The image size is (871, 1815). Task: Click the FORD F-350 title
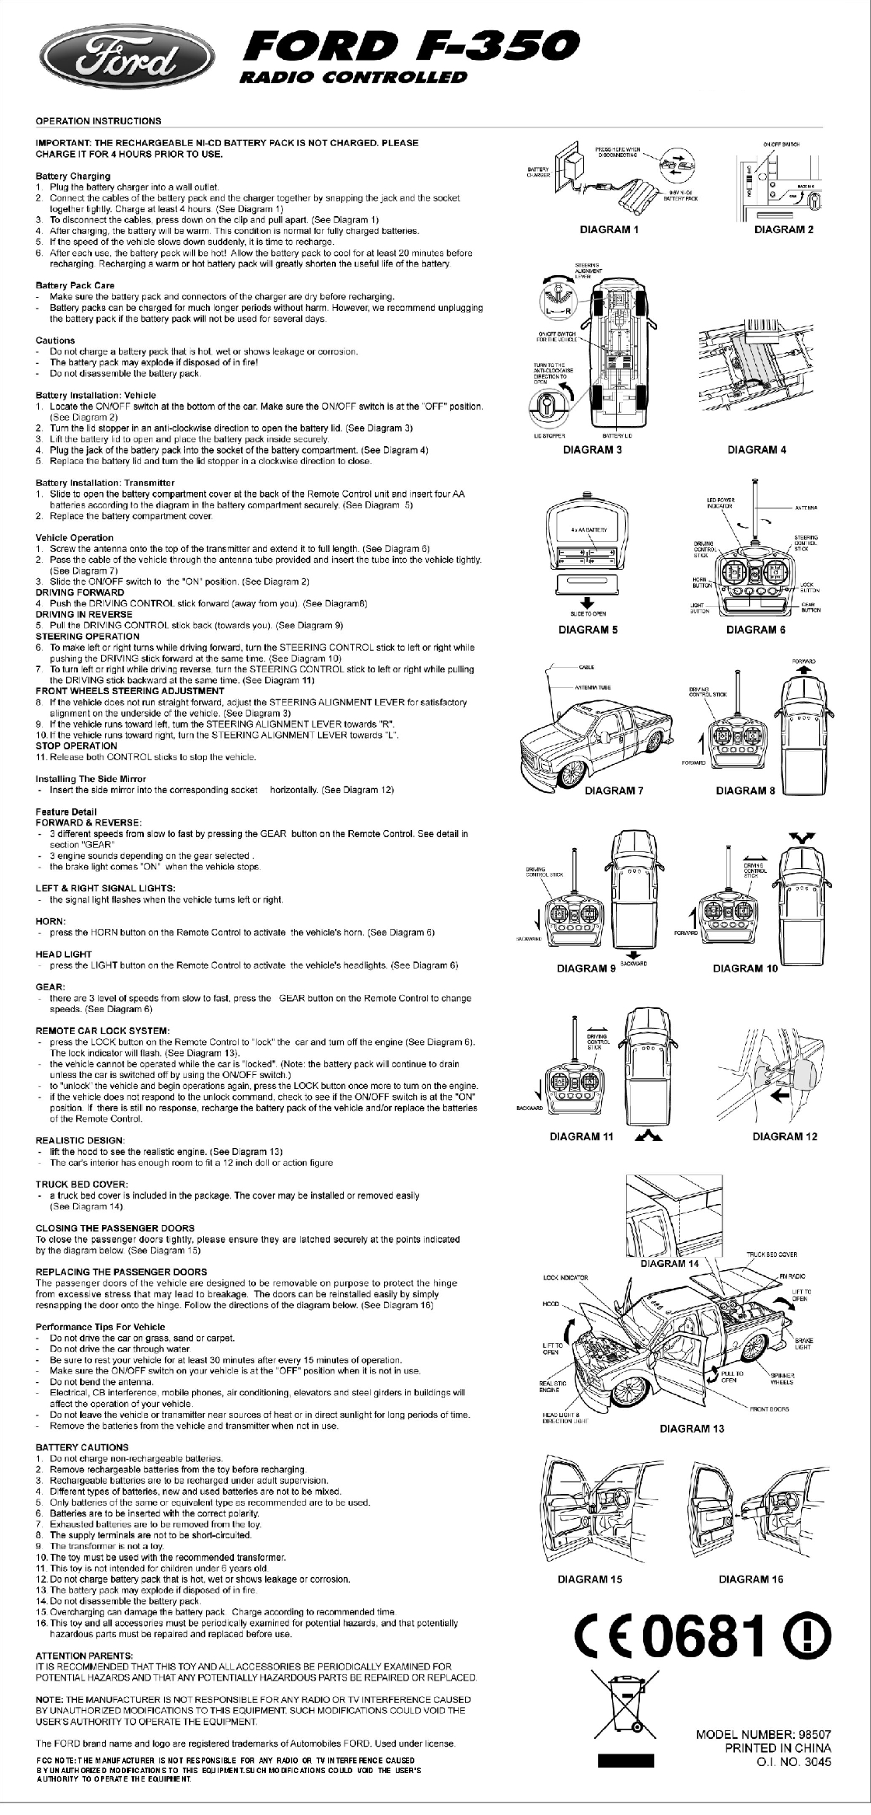411,46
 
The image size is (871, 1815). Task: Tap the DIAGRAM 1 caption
609,229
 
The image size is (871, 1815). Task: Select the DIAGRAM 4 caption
757,449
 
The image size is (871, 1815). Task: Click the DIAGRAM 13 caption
691,1428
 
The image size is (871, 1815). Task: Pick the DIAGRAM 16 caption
751,1579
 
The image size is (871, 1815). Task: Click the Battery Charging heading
73,176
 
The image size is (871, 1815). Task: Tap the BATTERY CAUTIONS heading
82,1447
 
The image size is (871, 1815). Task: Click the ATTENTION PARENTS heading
85,1655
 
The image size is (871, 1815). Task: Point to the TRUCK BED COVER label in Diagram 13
771,1255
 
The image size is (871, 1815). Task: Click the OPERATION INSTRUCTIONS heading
99,121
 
